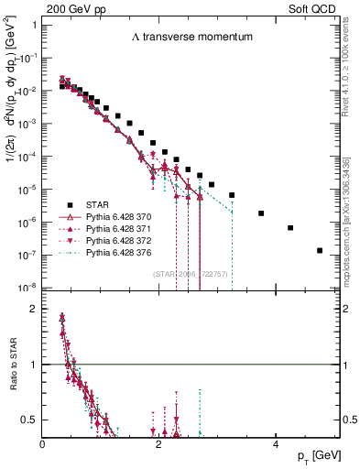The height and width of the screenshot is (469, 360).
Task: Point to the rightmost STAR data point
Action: click(x=320, y=250)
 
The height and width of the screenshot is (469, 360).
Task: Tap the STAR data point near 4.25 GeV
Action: click(x=290, y=228)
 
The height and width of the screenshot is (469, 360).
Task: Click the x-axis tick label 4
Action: click(x=276, y=444)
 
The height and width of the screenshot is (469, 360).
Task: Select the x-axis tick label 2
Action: click(x=159, y=444)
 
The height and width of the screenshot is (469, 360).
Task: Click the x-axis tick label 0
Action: click(x=43, y=444)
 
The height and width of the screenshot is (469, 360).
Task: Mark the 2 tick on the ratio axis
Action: click(x=35, y=309)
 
